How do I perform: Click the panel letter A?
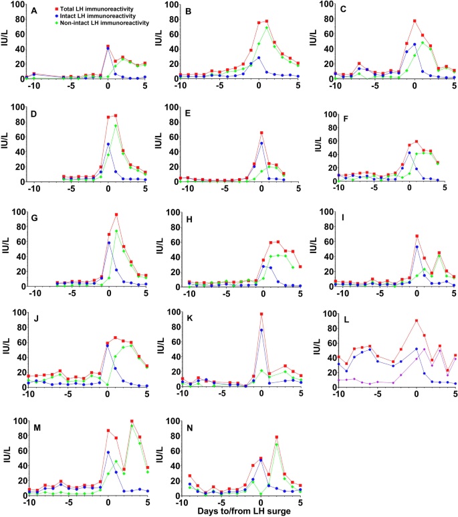pos(33,11)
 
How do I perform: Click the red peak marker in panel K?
pos(261,314)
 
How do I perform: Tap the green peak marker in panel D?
pos(116,126)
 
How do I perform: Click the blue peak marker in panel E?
pos(261,143)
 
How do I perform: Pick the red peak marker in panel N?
pos(276,456)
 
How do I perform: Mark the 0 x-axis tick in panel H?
pos(261,295)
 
